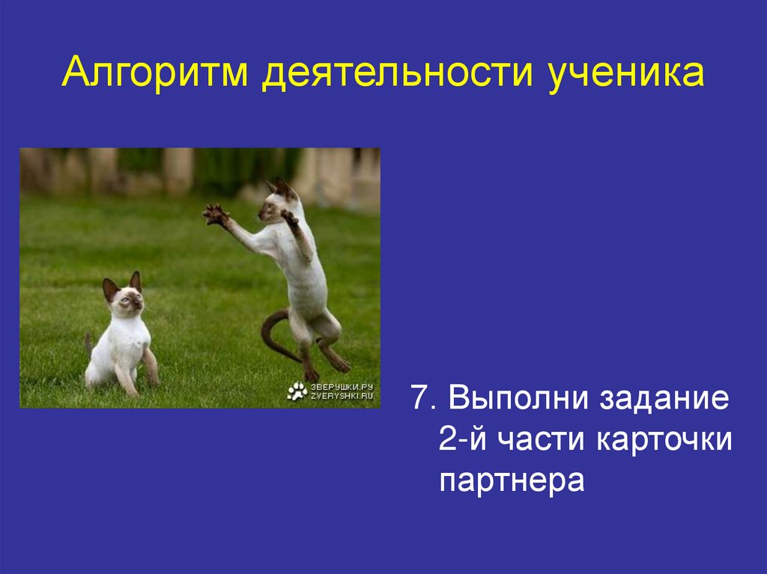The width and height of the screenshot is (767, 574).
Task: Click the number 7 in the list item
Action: (x=418, y=397)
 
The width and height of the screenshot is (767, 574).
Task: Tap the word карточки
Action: (x=664, y=439)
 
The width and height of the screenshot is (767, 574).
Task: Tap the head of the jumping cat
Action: (x=277, y=202)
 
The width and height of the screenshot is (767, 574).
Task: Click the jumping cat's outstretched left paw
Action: (x=216, y=215)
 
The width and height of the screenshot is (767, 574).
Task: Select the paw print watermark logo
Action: (x=297, y=391)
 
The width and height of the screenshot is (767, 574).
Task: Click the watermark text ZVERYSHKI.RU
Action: (x=342, y=396)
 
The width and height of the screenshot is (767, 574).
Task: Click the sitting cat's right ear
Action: (x=135, y=281)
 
